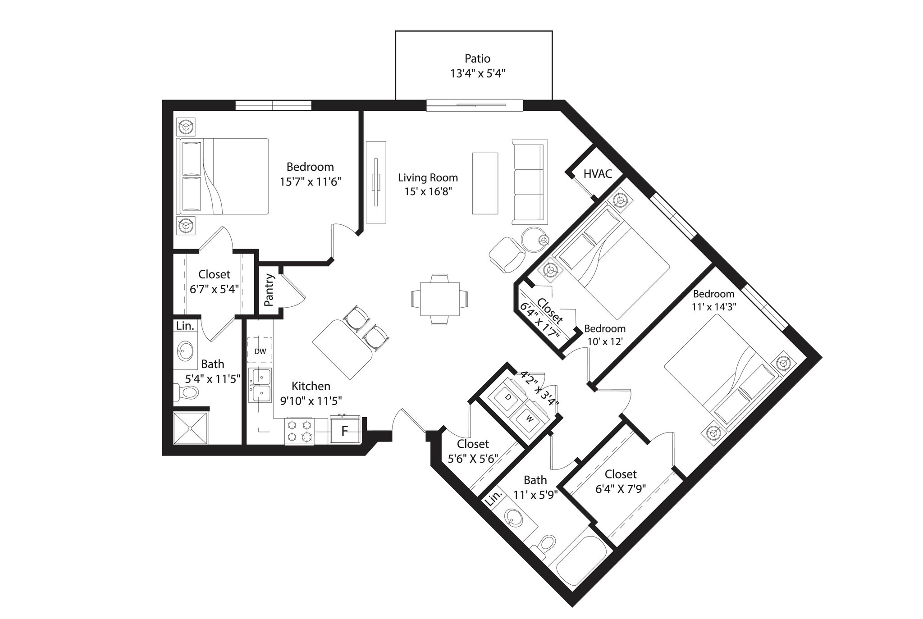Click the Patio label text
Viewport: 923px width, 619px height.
coord(477,59)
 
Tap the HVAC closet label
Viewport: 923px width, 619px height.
coord(598,174)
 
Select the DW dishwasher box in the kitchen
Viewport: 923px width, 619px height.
coord(260,351)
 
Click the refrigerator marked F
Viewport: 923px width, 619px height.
coord(345,431)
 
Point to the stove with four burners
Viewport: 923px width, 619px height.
coord(300,431)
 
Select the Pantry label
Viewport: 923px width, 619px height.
coord(269,290)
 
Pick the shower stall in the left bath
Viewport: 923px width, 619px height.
coord(192,427)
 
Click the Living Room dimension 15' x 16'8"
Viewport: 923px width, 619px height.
coord(428,191)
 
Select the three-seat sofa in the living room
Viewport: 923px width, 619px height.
coord(530,182)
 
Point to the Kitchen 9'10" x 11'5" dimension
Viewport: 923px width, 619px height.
coord(311,400)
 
